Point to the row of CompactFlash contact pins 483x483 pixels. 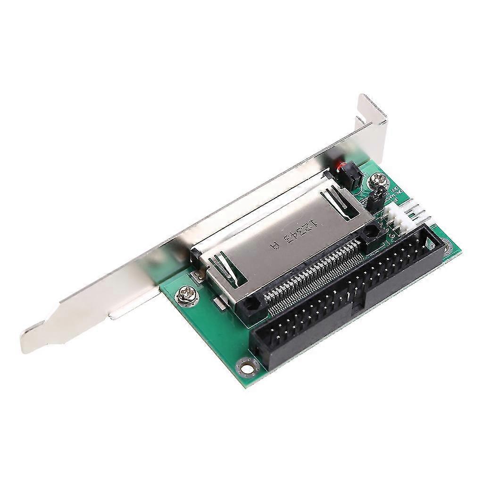pyautogui.click(x=311, y=274)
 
